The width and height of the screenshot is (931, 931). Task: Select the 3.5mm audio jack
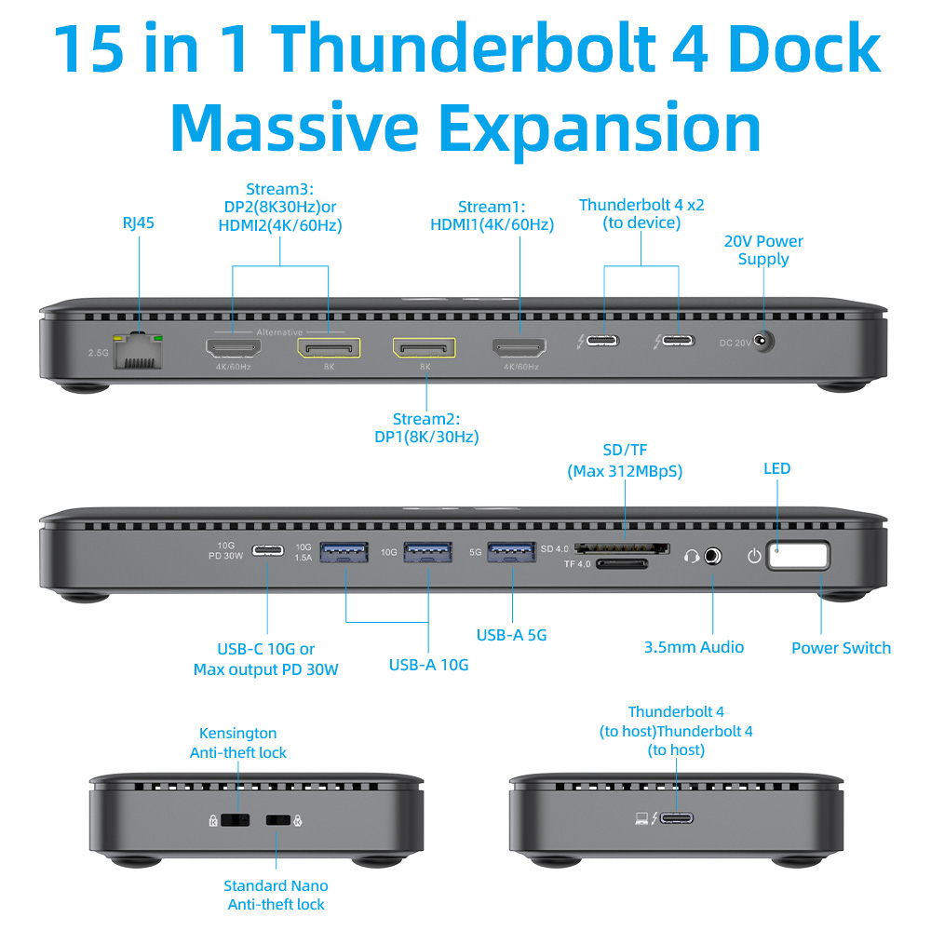(712, 556)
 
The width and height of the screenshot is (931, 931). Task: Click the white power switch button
(798, 556)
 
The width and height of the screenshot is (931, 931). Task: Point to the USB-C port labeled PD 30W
(267, 551)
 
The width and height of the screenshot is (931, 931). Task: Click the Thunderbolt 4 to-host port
(677, 818)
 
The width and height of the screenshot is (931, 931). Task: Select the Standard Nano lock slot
(278, 820)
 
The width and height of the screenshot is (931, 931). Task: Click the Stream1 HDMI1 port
(519, 348)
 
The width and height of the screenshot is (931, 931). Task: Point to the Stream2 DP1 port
(424, 348)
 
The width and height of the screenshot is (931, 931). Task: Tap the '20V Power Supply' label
(763, 250)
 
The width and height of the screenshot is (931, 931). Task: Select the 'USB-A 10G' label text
(428, 665)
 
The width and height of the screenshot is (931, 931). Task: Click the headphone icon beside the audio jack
(691, 557)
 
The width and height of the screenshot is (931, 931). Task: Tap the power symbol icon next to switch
(754, 557)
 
